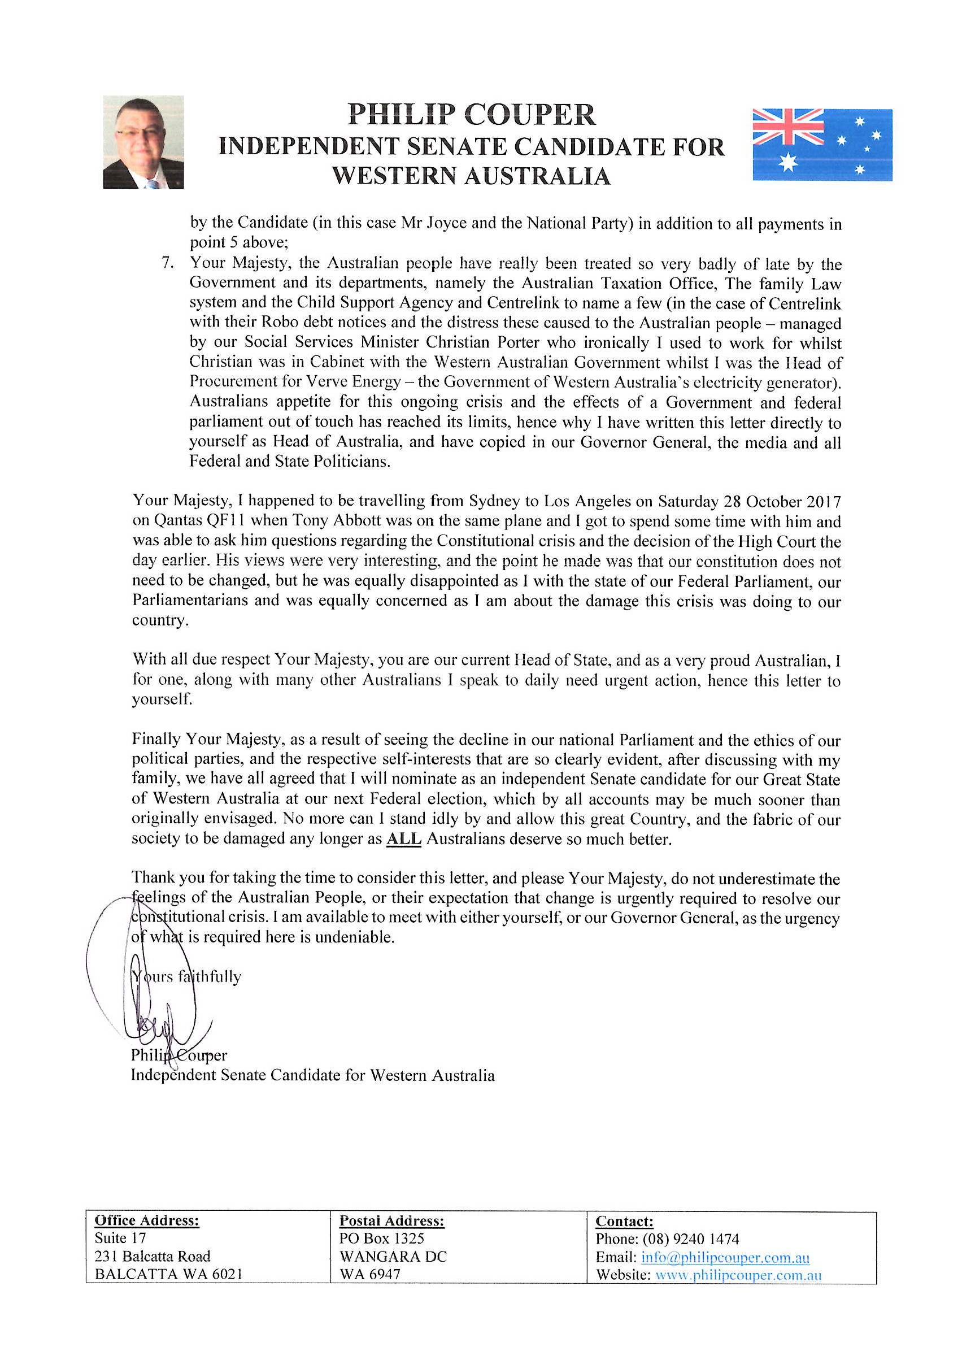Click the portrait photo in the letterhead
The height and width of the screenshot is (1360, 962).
point(143,142)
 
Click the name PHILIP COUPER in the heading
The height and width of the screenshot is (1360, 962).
point(471,115)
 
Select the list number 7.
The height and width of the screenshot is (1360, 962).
point(168,262)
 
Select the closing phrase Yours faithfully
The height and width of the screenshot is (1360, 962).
point(186,977)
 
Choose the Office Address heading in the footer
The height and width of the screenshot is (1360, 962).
point(147,1220)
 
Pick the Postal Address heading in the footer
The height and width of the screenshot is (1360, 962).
point(391,1221)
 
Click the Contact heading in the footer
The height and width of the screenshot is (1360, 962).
point(624,1222)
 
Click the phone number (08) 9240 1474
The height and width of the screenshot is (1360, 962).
point(691,1239)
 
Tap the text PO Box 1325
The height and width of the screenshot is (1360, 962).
point(381,1239)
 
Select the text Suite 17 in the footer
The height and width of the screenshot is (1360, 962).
point(120,1238)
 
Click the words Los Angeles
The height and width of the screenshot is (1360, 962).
point(587,501)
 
